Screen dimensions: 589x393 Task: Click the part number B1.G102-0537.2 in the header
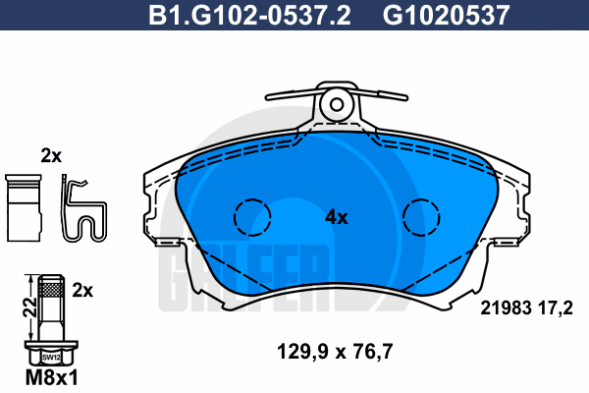249,15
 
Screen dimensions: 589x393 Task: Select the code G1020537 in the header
446,15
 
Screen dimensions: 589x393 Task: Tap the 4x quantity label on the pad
337,217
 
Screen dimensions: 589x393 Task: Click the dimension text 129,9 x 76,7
335,352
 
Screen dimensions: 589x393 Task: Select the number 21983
507,309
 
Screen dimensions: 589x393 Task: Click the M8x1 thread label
52,377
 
